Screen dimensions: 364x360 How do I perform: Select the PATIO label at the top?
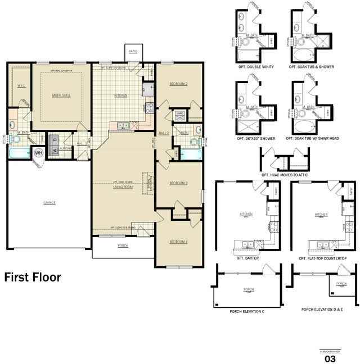(x=133, y=51)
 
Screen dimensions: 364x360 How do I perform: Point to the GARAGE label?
(x=49, y=202)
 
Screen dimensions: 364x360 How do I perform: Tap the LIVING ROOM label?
(x=123, y=186)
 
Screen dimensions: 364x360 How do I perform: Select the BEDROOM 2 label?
(x=178, y=84)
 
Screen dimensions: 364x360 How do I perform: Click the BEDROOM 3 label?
(x=178, y=183)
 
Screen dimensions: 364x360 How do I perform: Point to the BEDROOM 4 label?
(x=178, y=242)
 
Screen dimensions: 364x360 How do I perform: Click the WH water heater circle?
(x=39, y=152)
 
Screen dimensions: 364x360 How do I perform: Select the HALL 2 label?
(x=164, y=133)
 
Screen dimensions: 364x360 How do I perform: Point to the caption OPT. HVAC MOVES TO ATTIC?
(x=285, y=175)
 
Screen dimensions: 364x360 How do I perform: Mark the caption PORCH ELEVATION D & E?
(x=322, y=309)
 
